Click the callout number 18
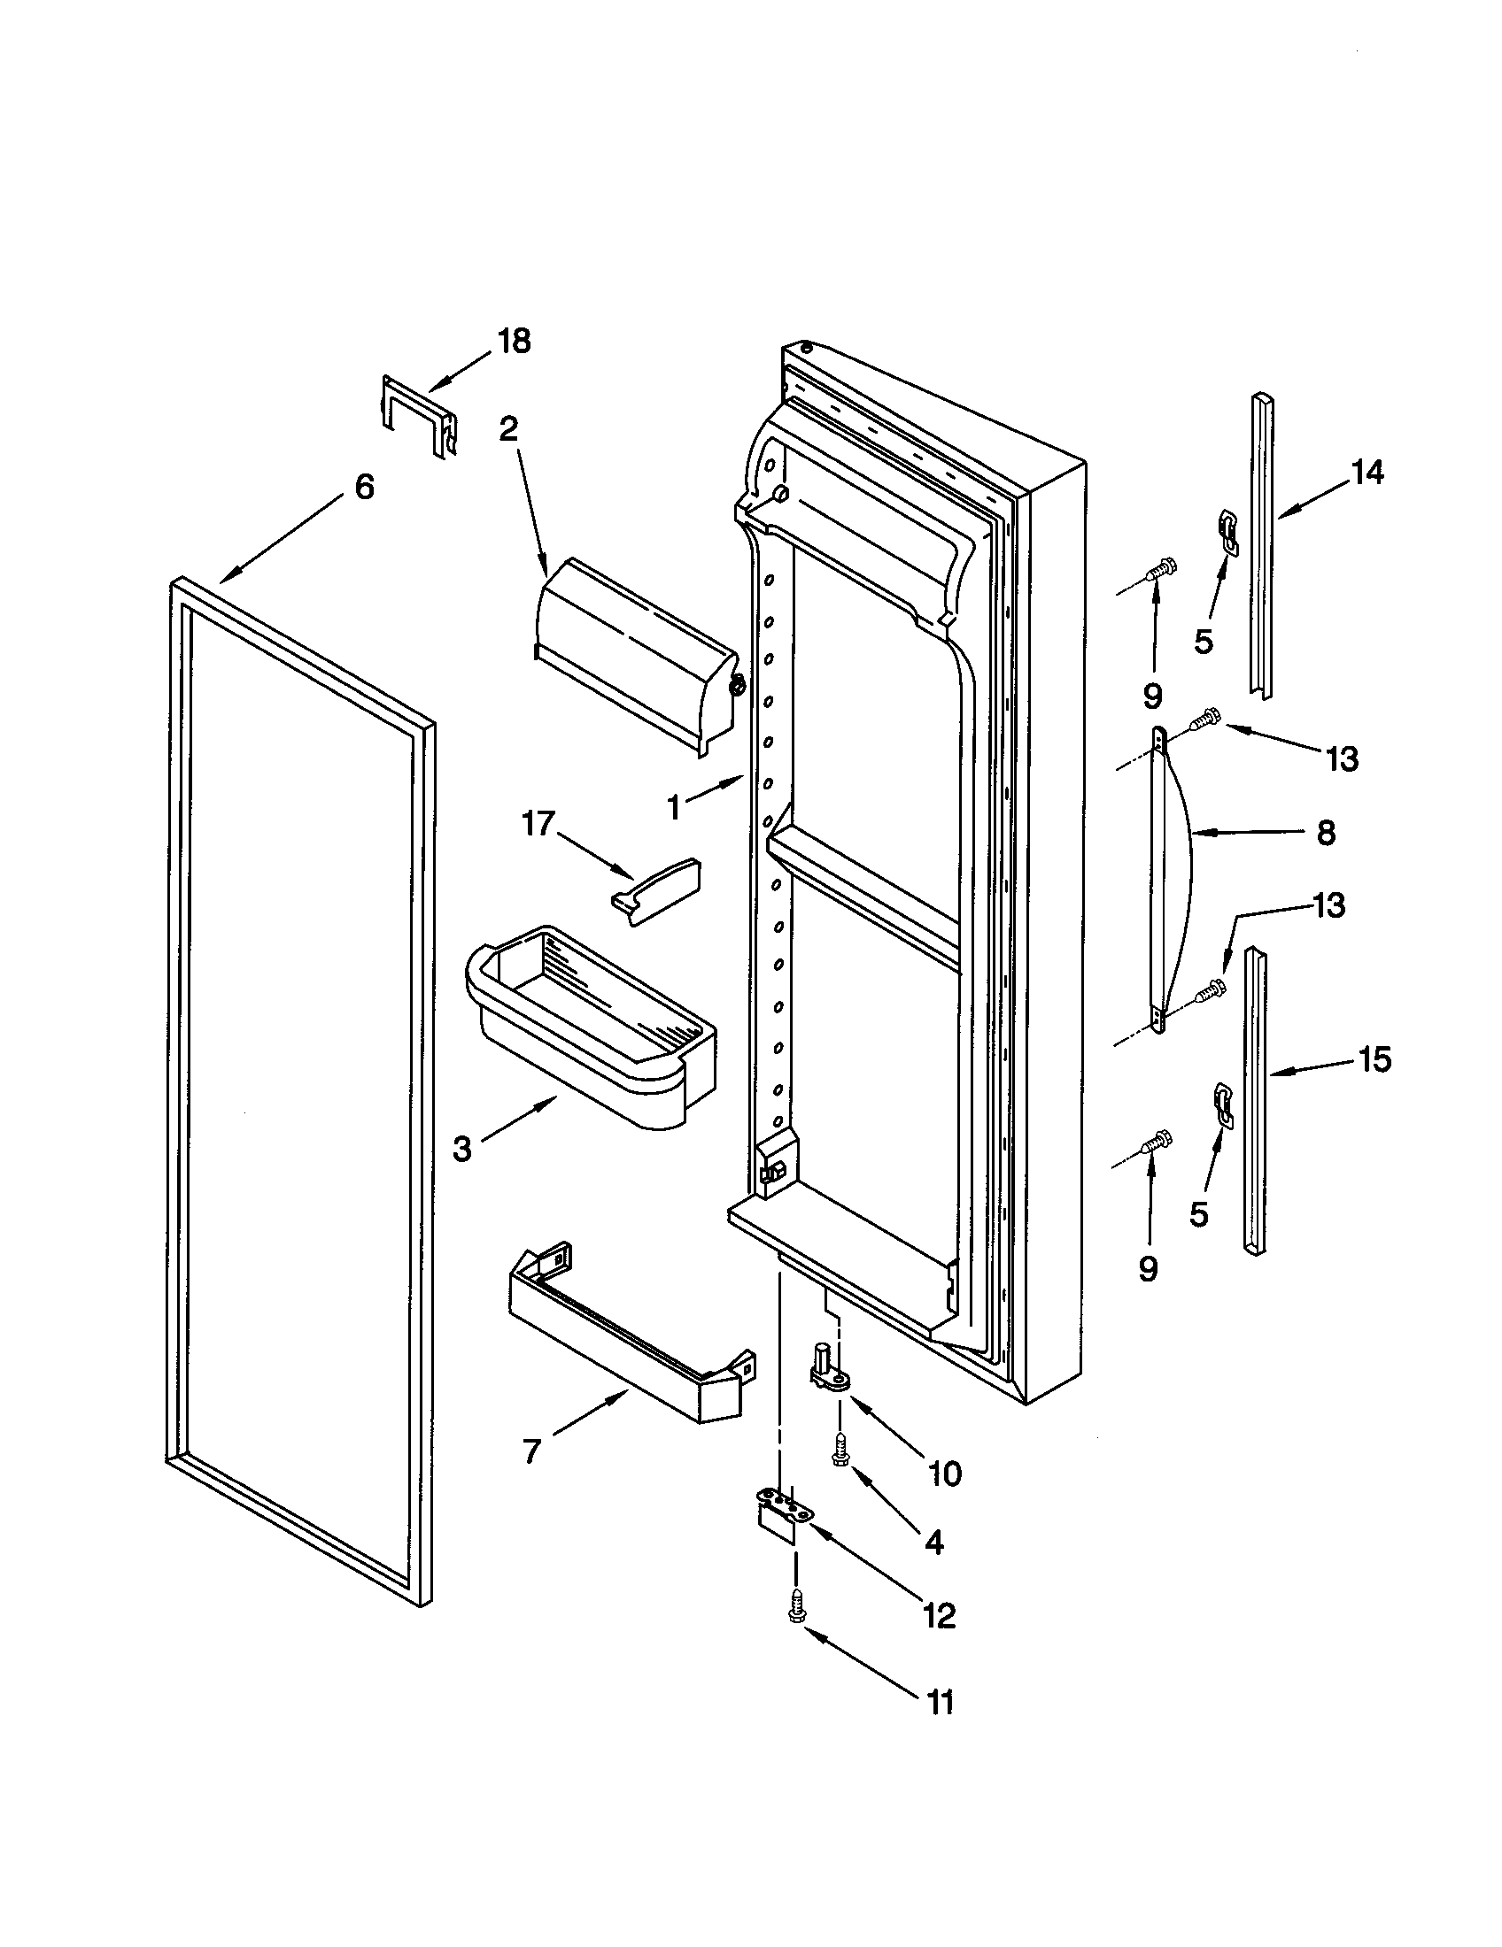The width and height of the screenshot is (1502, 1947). coord(514,341)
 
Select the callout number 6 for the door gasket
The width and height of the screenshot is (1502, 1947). coord(364,487)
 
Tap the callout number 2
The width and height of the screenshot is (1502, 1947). coord(507,430)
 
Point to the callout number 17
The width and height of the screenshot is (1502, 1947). coord(538,824)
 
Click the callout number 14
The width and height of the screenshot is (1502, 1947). coord(1367,473)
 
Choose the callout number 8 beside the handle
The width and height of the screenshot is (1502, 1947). coord(1327,834)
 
